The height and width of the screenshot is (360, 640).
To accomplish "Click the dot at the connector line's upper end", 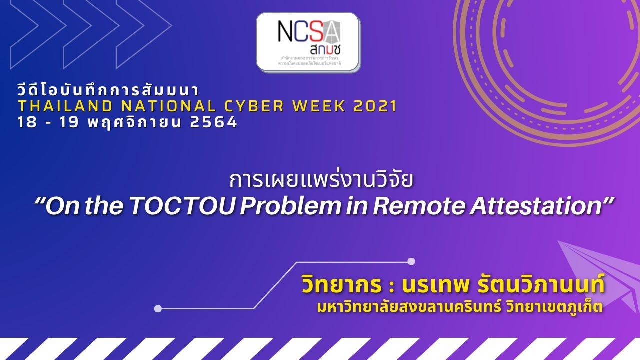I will pos(411,261).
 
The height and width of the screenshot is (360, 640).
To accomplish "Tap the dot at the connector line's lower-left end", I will pos(158,309).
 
